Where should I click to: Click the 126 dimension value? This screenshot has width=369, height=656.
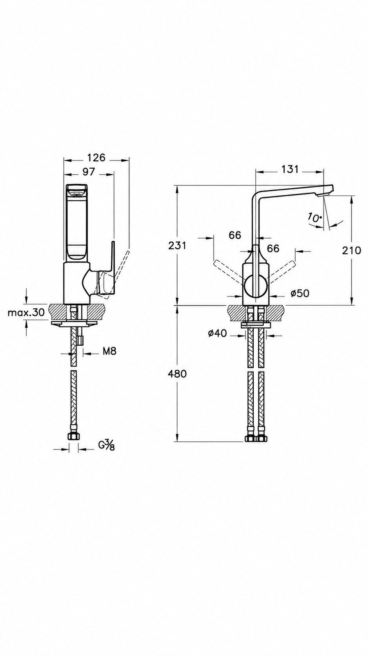pos(96,157)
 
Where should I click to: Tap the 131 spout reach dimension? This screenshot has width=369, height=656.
pos(290,169)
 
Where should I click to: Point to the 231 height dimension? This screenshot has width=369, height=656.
pos(177,245)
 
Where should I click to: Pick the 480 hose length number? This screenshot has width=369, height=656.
pos(177,374)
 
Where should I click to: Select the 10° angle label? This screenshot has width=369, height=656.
pos(314,218)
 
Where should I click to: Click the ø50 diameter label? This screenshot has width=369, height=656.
pos(300,293)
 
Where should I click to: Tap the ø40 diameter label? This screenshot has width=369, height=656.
pos(217,333)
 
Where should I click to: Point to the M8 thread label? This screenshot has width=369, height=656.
pos(109,351)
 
